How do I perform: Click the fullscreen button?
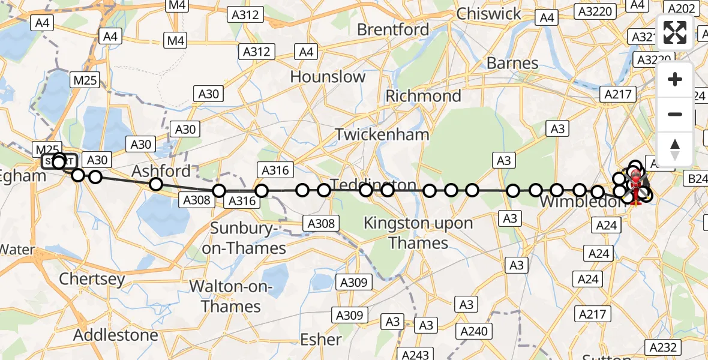675,32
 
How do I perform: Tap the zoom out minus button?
675,114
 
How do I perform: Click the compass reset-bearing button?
675,149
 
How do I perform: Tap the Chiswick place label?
490,13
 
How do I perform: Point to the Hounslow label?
328,77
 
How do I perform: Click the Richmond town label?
423,96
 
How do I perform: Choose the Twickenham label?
382,134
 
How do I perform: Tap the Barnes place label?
512,63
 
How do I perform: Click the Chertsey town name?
92,279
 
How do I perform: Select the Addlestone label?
116,335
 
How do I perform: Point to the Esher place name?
321,339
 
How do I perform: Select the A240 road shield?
474,331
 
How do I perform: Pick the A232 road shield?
663,347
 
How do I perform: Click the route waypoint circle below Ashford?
156,184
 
